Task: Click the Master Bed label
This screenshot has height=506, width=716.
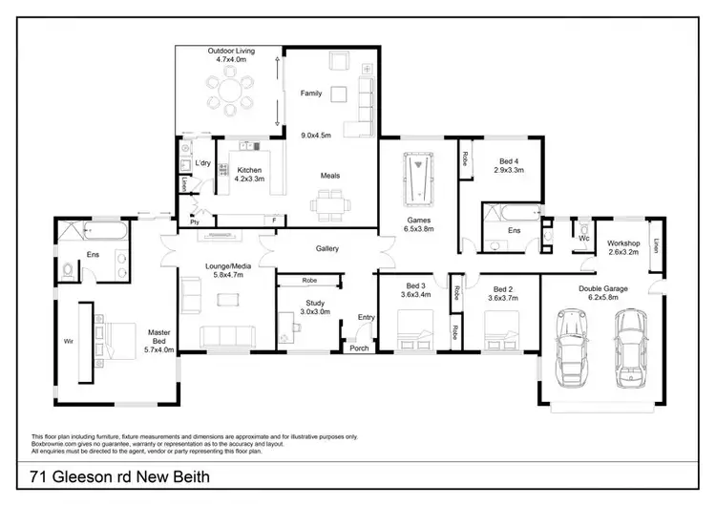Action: (x=158, y=333)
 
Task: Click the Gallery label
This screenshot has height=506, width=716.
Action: (x=327, y=248)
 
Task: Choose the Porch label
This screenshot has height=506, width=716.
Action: (x=359, y=348)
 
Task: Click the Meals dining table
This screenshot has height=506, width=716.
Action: (x=330, y=202)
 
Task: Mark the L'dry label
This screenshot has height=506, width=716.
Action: (x=202, y=164)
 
